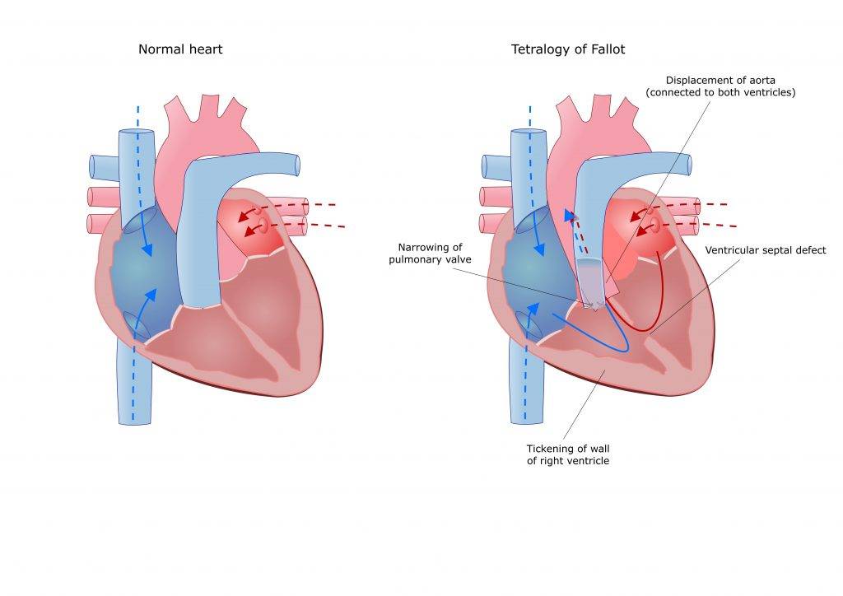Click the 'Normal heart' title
tap(180, 49)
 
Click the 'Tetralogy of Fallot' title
tap(567, 49)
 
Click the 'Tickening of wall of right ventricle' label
tap(567, 454)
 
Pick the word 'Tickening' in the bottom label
tap(552, 449)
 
